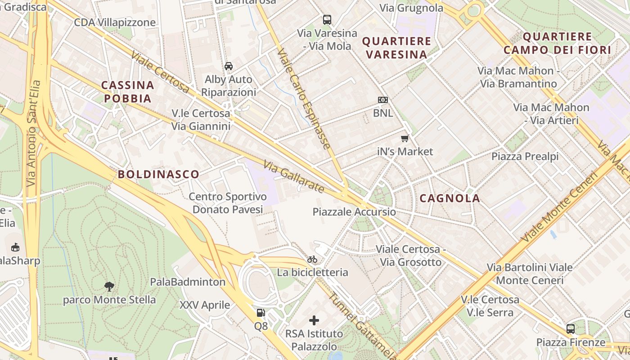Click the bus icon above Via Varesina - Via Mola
[x=327, y=20]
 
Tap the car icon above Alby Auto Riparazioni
[x=229, y=66]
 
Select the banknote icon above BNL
[x=383, y=100]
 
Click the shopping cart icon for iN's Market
[x=405, y=138]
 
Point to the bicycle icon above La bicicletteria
[x=312, y=259]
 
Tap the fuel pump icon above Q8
[x=261, y=312]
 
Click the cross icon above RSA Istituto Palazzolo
[x=314, y=320]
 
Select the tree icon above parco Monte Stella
[x=109, y=286]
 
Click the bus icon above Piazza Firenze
[x=571, y=328]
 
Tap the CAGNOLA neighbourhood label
[x=450, y=198]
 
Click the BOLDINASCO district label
[x=158, y=174]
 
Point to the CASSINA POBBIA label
[x=127, y=92]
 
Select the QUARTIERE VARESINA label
[x=396, y=48]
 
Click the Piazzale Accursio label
[x=354, y=211]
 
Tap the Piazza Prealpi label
[x=525, y=156]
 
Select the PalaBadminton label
[x=188, y=282]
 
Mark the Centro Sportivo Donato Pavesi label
[x=228, y=203]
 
